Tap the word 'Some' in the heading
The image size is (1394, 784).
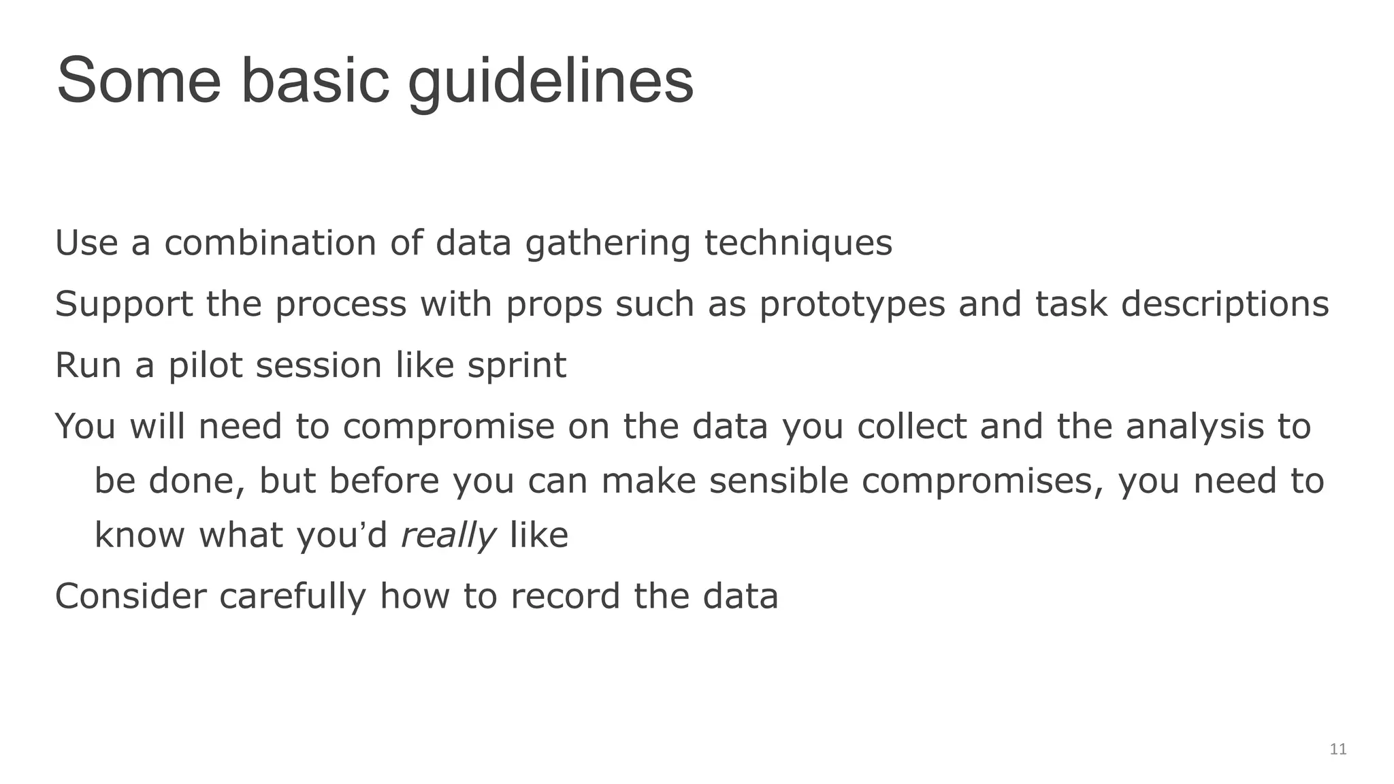[x=139, y=80]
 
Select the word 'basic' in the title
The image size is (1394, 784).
[x=315, y=80]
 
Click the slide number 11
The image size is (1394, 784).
[x=1338, y=749]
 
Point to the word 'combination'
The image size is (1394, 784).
[x=270, y=243]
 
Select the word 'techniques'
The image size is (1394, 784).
[x=798, y=244]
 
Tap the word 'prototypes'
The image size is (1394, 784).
[x=852, y=305]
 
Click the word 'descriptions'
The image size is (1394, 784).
[x=1225, y=305]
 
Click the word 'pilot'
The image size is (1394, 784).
[x=205, y=365]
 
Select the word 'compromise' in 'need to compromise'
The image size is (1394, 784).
[x=449, y=427]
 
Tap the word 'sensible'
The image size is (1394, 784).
[x=779, y=481]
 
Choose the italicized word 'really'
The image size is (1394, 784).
[x=448, y=536]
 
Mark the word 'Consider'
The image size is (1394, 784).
[x=131, y=596]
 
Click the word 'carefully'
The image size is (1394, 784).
[x=293, y=598]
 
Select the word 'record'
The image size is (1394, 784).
[x=565, y=596]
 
